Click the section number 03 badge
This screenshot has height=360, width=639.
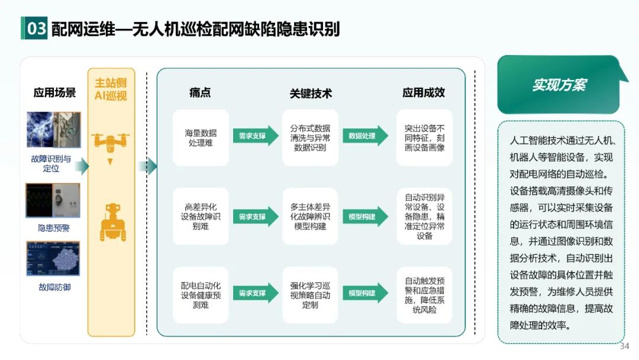click(35, 28)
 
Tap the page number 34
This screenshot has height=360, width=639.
click(624, 346)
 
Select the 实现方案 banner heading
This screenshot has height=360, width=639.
click(559, 85)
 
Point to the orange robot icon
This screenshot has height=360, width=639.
click(112, 221)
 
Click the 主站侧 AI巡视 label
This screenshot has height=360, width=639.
click(111, 89)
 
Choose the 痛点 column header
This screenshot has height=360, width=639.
click(200, 93)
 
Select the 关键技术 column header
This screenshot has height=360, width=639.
click(310, 93)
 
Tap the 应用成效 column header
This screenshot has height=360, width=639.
click(424, 92)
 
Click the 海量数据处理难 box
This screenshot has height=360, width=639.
click(201, 137)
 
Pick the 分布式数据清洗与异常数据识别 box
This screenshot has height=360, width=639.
click(310, 137)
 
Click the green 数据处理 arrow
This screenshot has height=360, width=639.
click(364, 136)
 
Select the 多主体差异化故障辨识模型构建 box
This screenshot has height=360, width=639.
click(310, 217)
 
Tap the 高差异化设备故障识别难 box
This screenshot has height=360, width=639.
click(201, 217)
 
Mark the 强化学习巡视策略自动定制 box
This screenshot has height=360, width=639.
click(310, 295)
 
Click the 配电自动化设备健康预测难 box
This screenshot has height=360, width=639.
click(201, 295)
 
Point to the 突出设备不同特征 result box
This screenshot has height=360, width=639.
click(424, 137)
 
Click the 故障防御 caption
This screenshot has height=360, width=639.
click(54, 288)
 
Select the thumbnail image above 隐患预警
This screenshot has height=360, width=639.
click(53, 200)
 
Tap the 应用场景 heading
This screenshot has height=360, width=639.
click(54, 93)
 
